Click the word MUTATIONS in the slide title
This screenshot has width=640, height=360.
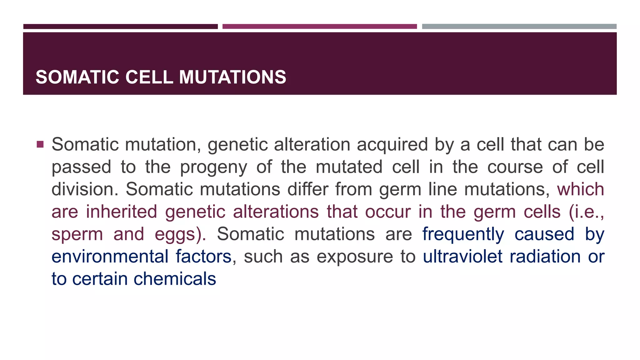pos(232,77)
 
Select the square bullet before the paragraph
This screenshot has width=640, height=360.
pos(40,144)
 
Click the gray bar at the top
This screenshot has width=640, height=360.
pos(519,27)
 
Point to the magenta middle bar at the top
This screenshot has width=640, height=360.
pos(319,27)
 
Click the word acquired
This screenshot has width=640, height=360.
pos(392,145)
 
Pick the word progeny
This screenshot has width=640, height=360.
pos(213,167)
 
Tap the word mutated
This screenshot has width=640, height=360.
pos(349,167)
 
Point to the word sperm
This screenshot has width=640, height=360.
pos(77,234)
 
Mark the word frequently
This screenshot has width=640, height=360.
pos(463,234)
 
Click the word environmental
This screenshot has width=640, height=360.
pos(110,257)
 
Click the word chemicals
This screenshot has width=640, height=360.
pos(175,279)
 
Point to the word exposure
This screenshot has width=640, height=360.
pos(355,257)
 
